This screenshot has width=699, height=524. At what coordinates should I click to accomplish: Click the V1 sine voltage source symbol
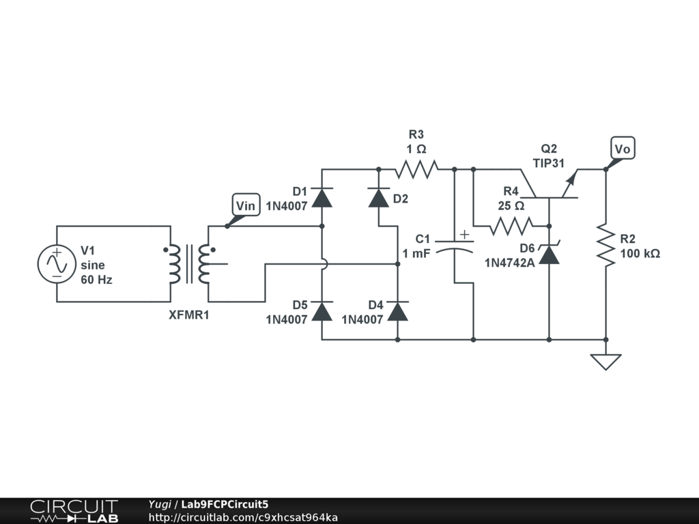(57, 264)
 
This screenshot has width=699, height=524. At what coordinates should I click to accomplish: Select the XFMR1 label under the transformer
(189, 315)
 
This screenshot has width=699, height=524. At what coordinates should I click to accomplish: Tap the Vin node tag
(246, 205)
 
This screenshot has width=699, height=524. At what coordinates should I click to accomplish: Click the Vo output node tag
(623, 148)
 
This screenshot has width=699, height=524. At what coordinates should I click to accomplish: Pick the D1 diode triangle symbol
(322, 197)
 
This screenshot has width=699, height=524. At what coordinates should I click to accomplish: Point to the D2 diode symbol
(378, 197)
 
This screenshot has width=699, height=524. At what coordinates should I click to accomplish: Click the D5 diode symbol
(322, 311)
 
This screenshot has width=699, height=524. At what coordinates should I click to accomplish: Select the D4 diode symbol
(398, 311)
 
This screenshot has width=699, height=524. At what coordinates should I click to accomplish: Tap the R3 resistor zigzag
(416, 169)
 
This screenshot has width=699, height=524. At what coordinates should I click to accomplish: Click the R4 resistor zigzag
(511, 226)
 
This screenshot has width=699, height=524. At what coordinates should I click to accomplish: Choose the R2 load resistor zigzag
(606, 245)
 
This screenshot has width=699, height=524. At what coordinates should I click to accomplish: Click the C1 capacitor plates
(454, 246)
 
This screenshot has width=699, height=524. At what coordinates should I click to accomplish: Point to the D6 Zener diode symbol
(550, 254)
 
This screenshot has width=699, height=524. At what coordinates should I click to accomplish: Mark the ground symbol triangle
(606, 362)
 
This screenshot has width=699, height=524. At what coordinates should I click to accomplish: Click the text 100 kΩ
(640, 254)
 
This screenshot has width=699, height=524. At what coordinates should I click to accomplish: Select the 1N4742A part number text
(509, 263)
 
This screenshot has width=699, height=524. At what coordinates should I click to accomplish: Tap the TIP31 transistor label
(549, 163)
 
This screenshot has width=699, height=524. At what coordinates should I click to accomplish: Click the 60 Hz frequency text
(96, 280)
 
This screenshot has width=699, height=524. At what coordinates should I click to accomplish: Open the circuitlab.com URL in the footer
(243, 517)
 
